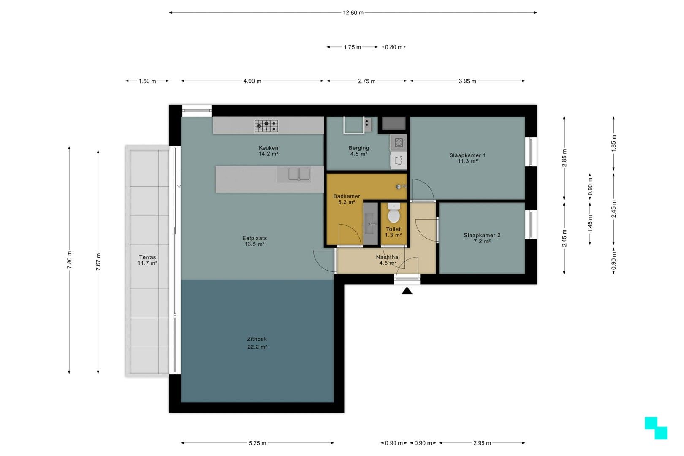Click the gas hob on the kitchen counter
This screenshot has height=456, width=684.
click(x=266, y=125)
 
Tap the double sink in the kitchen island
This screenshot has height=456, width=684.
click(x=299, y=174)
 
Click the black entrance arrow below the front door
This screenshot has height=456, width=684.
click(x=407, y=290)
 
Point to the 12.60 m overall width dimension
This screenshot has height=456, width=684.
click(x=353, y=13)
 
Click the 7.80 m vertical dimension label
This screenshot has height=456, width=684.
click(x=69, y=260)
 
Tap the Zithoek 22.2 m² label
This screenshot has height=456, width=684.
click(x=257, y=343)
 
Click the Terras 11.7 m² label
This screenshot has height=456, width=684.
click(x=147, y=260)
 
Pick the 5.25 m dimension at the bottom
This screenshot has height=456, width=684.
click(x=258, y=443)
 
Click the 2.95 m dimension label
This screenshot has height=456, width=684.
click(x=482, y=443)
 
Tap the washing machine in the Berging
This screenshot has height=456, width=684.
click(x=399, y=143)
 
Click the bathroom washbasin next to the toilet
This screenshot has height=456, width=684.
click(x=371, y=224)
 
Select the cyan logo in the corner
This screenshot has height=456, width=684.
click(x=656, y=428)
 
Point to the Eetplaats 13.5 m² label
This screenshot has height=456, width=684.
click(x=255, y=241)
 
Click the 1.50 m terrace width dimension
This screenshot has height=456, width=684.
click(x=147, y=81)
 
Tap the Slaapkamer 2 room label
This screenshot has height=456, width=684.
click(x=482, y=238)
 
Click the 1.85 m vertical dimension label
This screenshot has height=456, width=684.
click(x=614, y=143)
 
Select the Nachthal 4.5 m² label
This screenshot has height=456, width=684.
click(x=388, y=260)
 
